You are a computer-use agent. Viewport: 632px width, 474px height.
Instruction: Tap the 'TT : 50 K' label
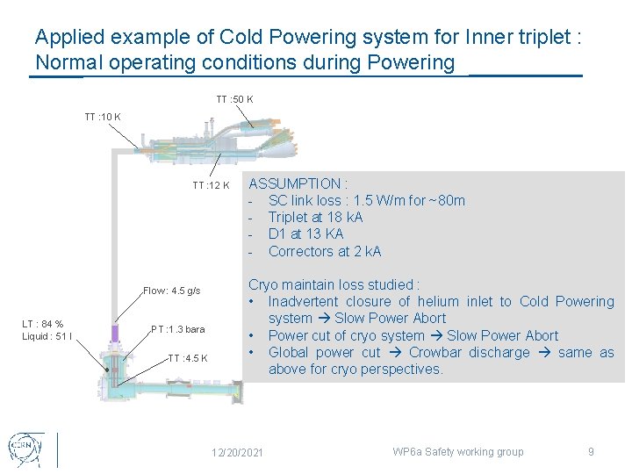tap(234, 99)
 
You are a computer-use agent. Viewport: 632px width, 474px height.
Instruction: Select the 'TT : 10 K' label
tap(103, 117)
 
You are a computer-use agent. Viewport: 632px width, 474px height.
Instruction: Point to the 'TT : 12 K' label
tap(211, 185)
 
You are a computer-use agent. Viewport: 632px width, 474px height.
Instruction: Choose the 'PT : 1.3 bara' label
tap(178, 329)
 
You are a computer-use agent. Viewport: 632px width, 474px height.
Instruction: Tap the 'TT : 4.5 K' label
tap(188, 358)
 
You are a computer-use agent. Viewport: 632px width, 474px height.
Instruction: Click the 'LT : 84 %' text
tap(43, 324)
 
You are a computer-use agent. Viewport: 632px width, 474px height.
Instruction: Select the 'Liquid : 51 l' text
tap(47, 336)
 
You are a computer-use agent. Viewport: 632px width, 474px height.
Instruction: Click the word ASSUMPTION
tap(294, 183)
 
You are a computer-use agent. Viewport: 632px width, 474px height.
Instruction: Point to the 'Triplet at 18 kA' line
tap(315, 217)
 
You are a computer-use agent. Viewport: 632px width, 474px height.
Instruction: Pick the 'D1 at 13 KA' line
tap(305, 233)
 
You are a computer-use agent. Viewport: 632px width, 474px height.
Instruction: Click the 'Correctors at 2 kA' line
tap(325, 251)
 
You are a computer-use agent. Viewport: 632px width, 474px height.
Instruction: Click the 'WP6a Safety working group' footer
tap(457, 452)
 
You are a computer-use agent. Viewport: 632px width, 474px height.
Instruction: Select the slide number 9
tap(591, 452)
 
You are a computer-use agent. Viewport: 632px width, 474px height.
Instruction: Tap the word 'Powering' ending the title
tap(413, 62)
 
